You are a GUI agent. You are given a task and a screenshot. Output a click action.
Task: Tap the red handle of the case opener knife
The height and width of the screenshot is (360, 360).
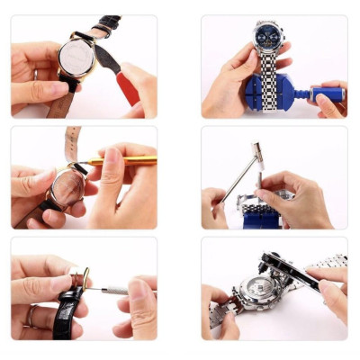point(128,87)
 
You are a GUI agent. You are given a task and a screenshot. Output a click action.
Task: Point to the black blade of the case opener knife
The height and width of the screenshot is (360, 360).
point(107,58)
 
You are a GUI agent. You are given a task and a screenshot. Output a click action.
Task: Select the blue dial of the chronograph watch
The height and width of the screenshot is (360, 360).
point(267,39)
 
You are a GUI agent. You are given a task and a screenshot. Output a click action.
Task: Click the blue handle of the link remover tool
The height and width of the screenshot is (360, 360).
point(326,92)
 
